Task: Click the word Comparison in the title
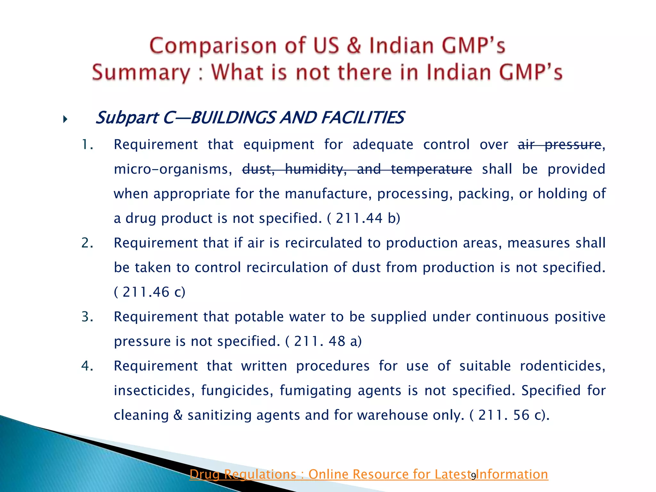[213, 46]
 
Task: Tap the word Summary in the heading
[141, 73]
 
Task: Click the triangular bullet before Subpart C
[65, 120]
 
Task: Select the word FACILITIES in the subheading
[362, 118]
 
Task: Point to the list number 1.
[87, 145]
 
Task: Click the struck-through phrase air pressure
[560, 145]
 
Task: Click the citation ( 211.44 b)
[364, 218]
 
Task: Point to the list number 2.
[87, 243]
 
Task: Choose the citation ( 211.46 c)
[150, 292]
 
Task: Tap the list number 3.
[87, 317]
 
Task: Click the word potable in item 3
[259, 317]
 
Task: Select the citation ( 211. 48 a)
[323, 341]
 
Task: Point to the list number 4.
[87, 366]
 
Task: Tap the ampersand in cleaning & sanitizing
[178, 415]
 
